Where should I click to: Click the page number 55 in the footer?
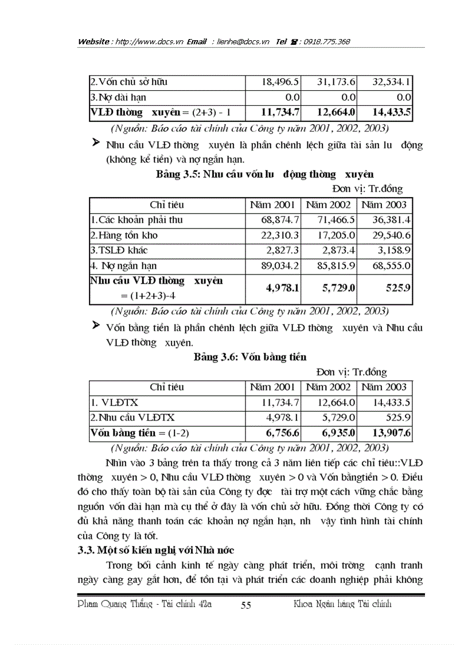pyautogui.click(x=245, y=605)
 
